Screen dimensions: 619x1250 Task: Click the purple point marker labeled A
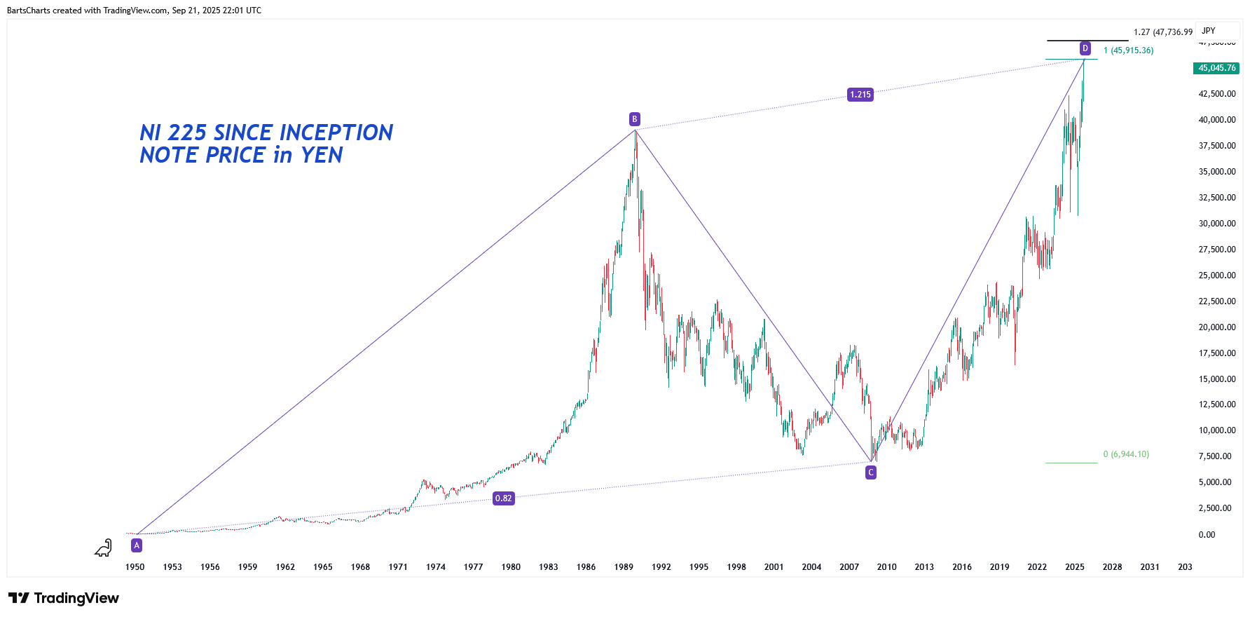137,545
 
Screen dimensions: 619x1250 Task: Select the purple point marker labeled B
634,119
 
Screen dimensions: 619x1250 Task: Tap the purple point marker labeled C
871,472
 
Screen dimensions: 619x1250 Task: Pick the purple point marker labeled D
1085,48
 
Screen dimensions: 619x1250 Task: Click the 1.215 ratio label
860,95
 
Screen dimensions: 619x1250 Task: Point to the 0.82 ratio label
504,498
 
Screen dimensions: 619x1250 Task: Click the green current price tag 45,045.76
1216,68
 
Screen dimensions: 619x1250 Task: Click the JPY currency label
1209,31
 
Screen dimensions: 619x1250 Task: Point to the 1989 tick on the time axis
624,567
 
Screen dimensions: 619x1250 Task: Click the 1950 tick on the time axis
135,567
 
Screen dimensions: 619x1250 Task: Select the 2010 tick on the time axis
886,567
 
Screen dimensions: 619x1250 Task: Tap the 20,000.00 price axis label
1216,327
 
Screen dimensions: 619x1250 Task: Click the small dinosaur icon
104,547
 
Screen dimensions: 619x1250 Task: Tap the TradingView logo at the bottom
64,598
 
